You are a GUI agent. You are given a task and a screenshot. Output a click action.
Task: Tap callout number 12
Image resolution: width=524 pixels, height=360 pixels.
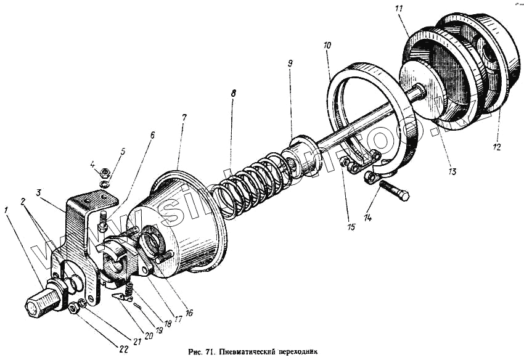coord(497,147)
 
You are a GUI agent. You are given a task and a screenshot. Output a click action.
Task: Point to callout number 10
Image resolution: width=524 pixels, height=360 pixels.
coord(327,46)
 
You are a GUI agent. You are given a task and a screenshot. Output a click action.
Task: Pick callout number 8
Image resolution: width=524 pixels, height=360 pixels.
coord(232,94)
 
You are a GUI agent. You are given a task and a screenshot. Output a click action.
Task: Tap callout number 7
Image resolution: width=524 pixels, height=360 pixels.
coord(183,117)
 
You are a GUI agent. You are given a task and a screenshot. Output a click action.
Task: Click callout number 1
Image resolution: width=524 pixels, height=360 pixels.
coord(6,210)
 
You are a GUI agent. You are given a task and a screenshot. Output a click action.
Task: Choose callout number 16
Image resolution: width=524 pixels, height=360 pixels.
coord(189,313)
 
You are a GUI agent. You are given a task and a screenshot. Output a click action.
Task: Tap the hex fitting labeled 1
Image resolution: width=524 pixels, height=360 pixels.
coord(37,304)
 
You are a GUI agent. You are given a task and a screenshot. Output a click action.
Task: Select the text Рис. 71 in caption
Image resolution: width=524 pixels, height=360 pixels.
coord(203,353)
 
